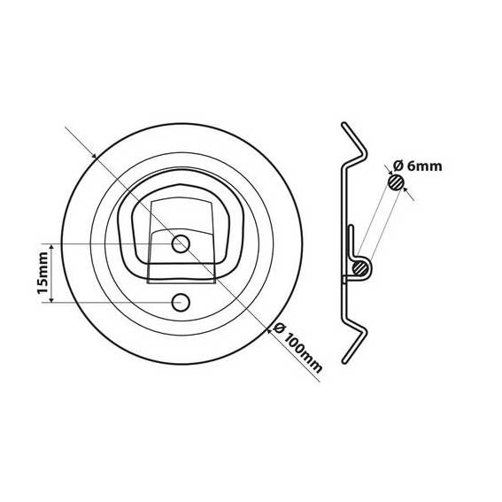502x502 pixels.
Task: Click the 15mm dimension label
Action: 42,273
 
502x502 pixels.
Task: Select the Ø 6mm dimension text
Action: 418,166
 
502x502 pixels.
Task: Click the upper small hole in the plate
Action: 181,244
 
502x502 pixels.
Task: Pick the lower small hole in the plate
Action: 181,302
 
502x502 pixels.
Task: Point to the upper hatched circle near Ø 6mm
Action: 396,182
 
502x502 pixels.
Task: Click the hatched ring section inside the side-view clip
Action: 360,267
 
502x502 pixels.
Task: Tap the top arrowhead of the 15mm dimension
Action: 51,246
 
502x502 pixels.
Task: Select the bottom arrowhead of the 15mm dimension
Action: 51,299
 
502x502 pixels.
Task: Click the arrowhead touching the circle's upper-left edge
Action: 94,156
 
